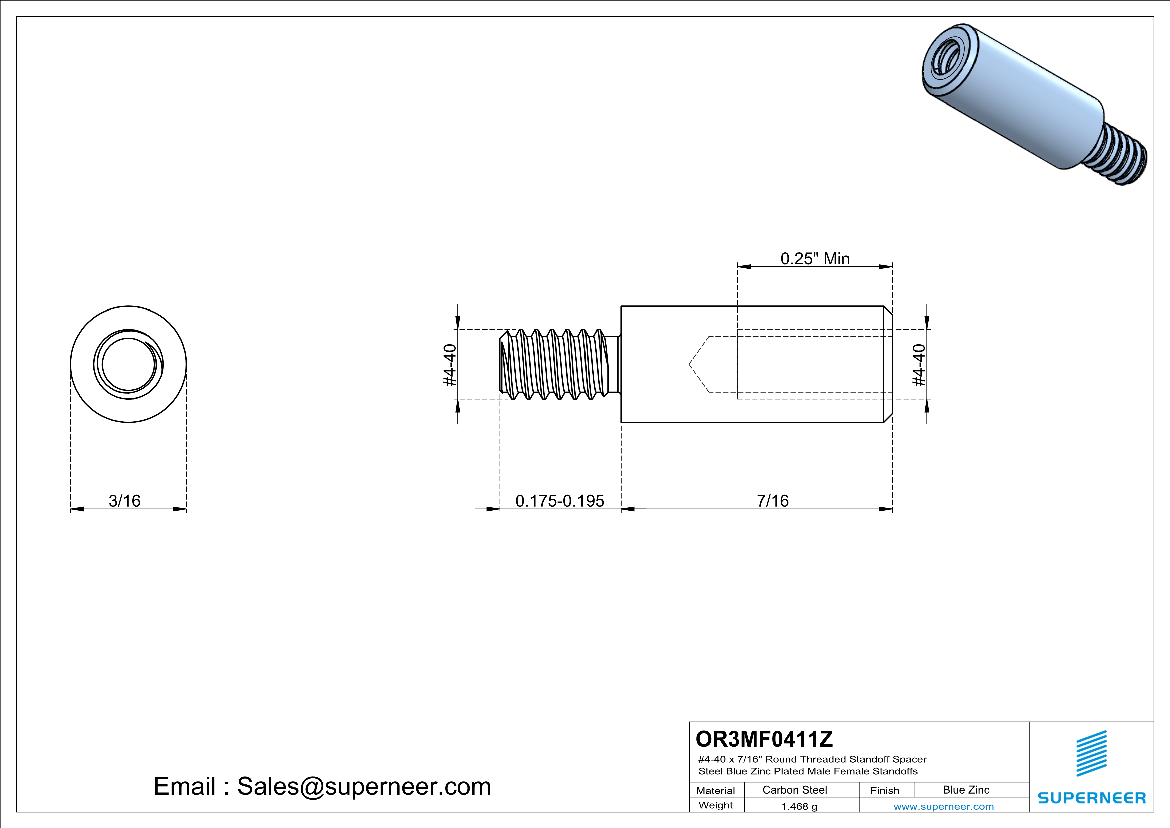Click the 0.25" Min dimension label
815,259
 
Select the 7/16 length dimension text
773,501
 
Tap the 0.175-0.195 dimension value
559,501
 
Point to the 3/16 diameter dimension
125,501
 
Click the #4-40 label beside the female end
919,365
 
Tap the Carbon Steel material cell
794,790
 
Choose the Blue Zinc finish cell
965,790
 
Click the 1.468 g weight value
799,806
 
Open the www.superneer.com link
943,806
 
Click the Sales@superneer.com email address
364,786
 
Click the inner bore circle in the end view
128,365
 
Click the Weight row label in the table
716,805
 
